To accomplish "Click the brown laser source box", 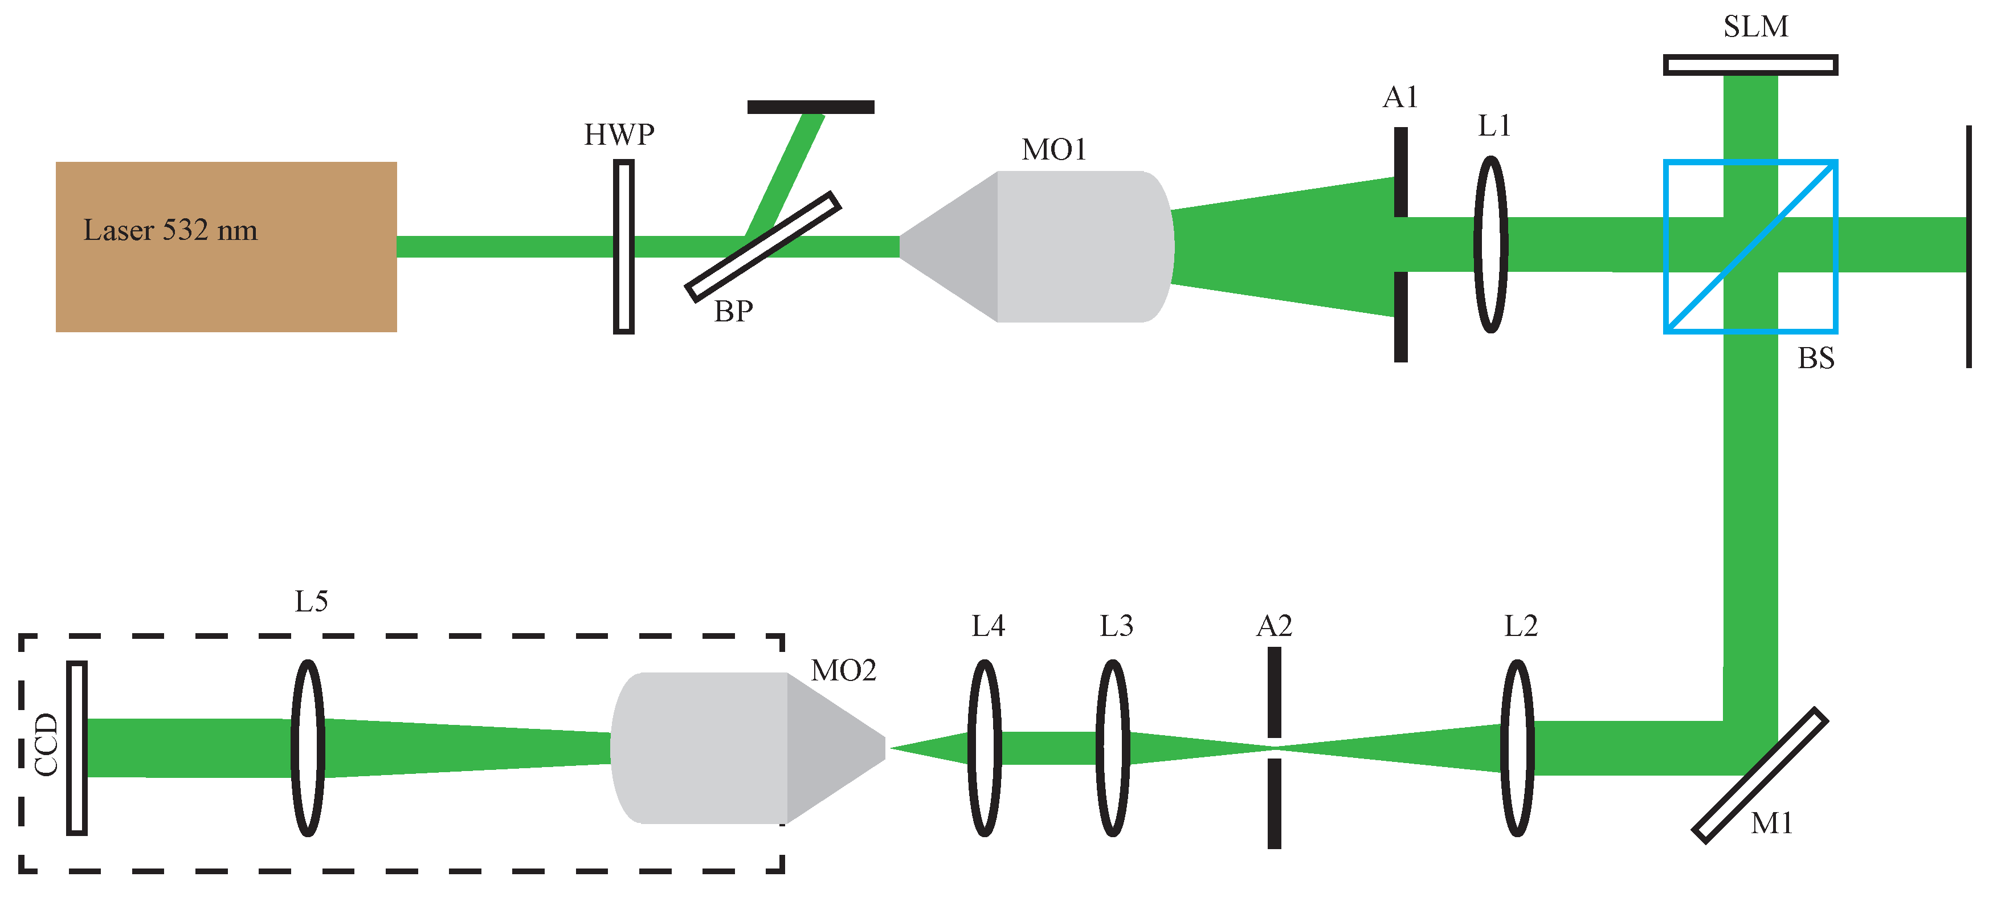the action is (x=226, y=247).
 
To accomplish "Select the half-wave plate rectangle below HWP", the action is (x=623, y=247).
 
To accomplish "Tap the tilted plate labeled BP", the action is (x=763, y=246).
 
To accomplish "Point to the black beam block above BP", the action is (x=811, y=107).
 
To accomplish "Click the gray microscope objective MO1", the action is (x=1037, y=246).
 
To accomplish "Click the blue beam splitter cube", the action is (x=1751, y=246).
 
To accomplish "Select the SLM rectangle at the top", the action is (x=1751, y=65).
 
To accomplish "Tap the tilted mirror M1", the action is (x=1760, y=774).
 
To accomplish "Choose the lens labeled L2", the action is (x=1517, y=748).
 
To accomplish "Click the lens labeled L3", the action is (x=1113, y=748).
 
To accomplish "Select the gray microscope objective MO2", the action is (x=748, y=748).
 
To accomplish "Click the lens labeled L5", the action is (x=308, y=748).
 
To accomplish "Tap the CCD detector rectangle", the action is (x=76, y=748).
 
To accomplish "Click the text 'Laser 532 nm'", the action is (x=170, y=230).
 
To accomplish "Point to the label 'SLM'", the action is (x=1755, y=26).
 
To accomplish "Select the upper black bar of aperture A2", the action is (x=1274, y=692).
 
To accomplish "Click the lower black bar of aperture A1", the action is (x=1401, y=316).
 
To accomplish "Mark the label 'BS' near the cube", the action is (x=1816, y=358).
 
